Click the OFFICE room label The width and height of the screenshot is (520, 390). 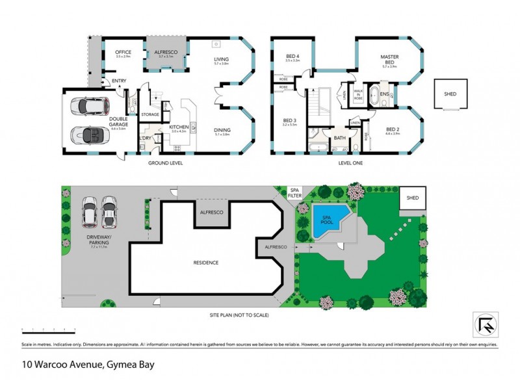123,53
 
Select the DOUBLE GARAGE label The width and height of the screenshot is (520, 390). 118,121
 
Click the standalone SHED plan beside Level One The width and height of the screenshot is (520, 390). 450,94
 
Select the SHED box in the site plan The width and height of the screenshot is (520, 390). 412,198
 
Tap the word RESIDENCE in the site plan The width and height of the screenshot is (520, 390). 205,263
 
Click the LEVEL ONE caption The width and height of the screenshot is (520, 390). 350,162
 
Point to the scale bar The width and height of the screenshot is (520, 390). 51,330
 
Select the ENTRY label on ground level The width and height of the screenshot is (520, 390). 119,81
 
